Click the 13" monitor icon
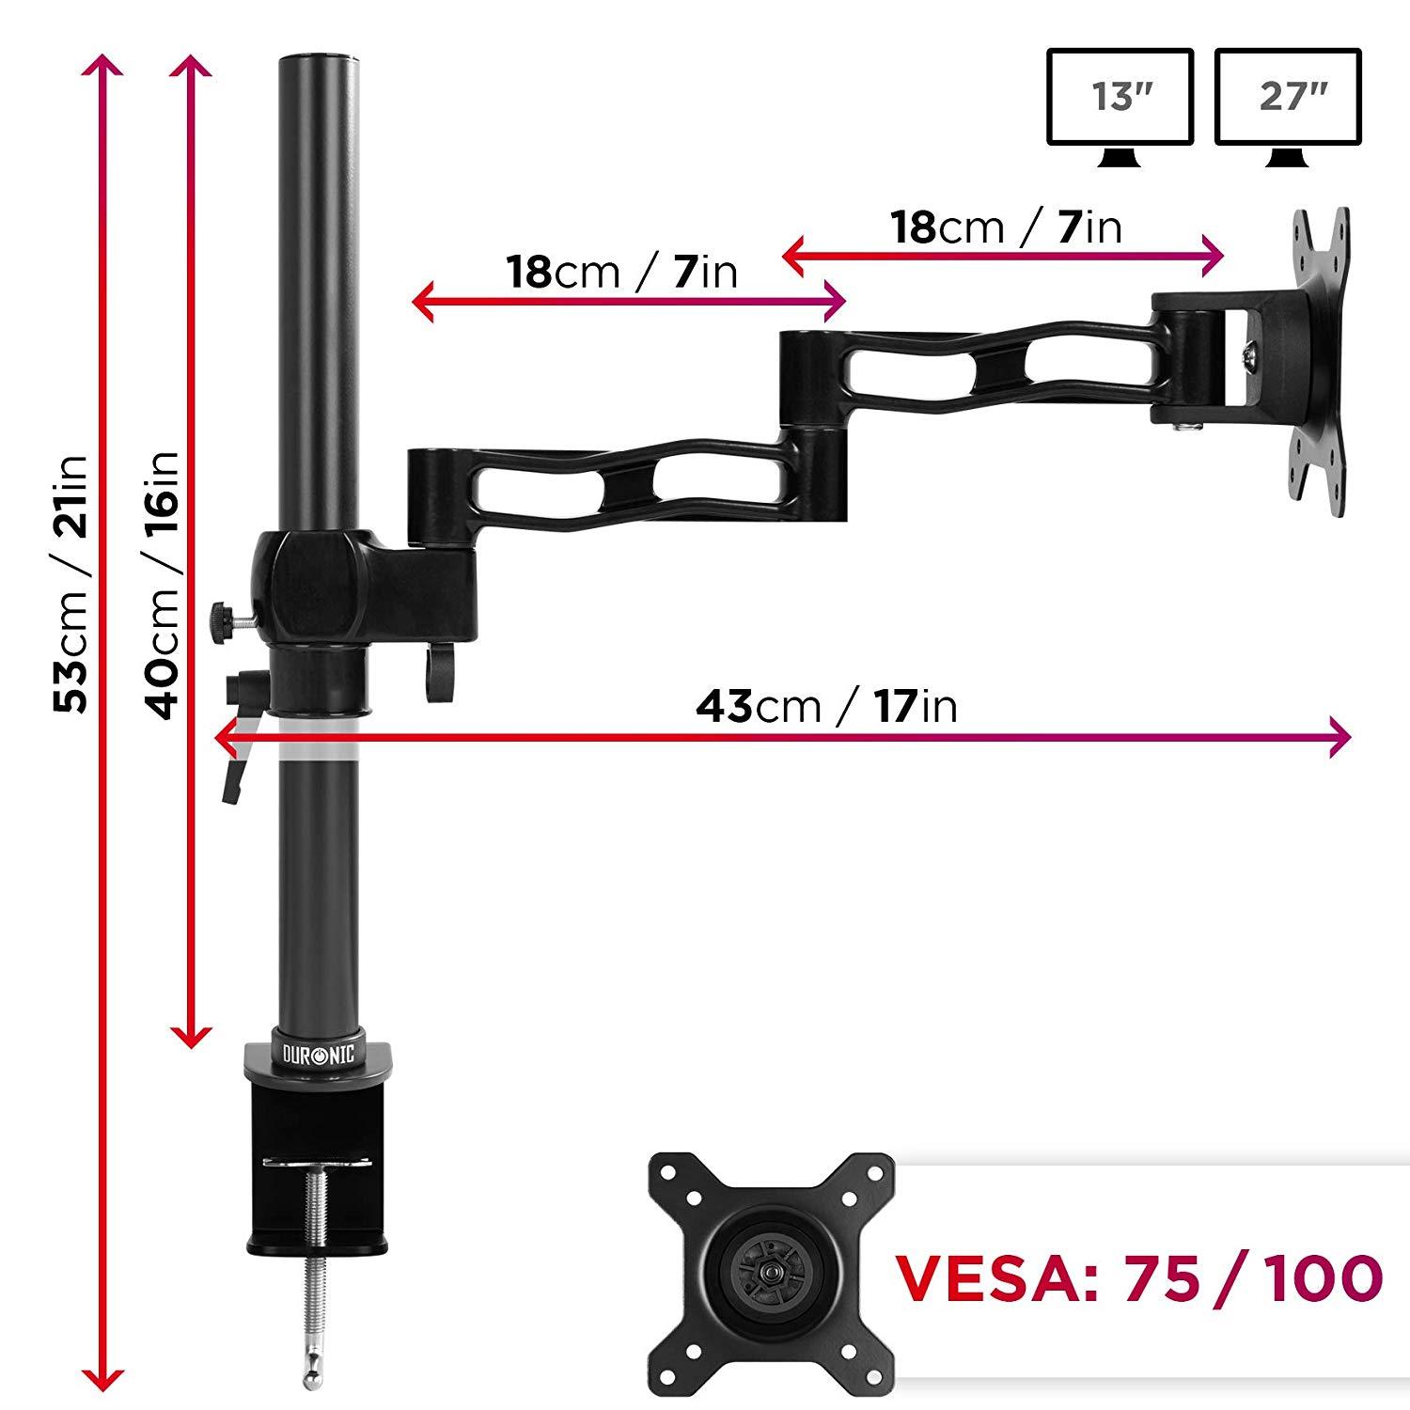[x=1120, y=98]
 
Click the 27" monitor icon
[x=1287, y=98]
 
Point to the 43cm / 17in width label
[x=826, y=705]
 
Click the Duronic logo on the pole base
[x=319, y=1054]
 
